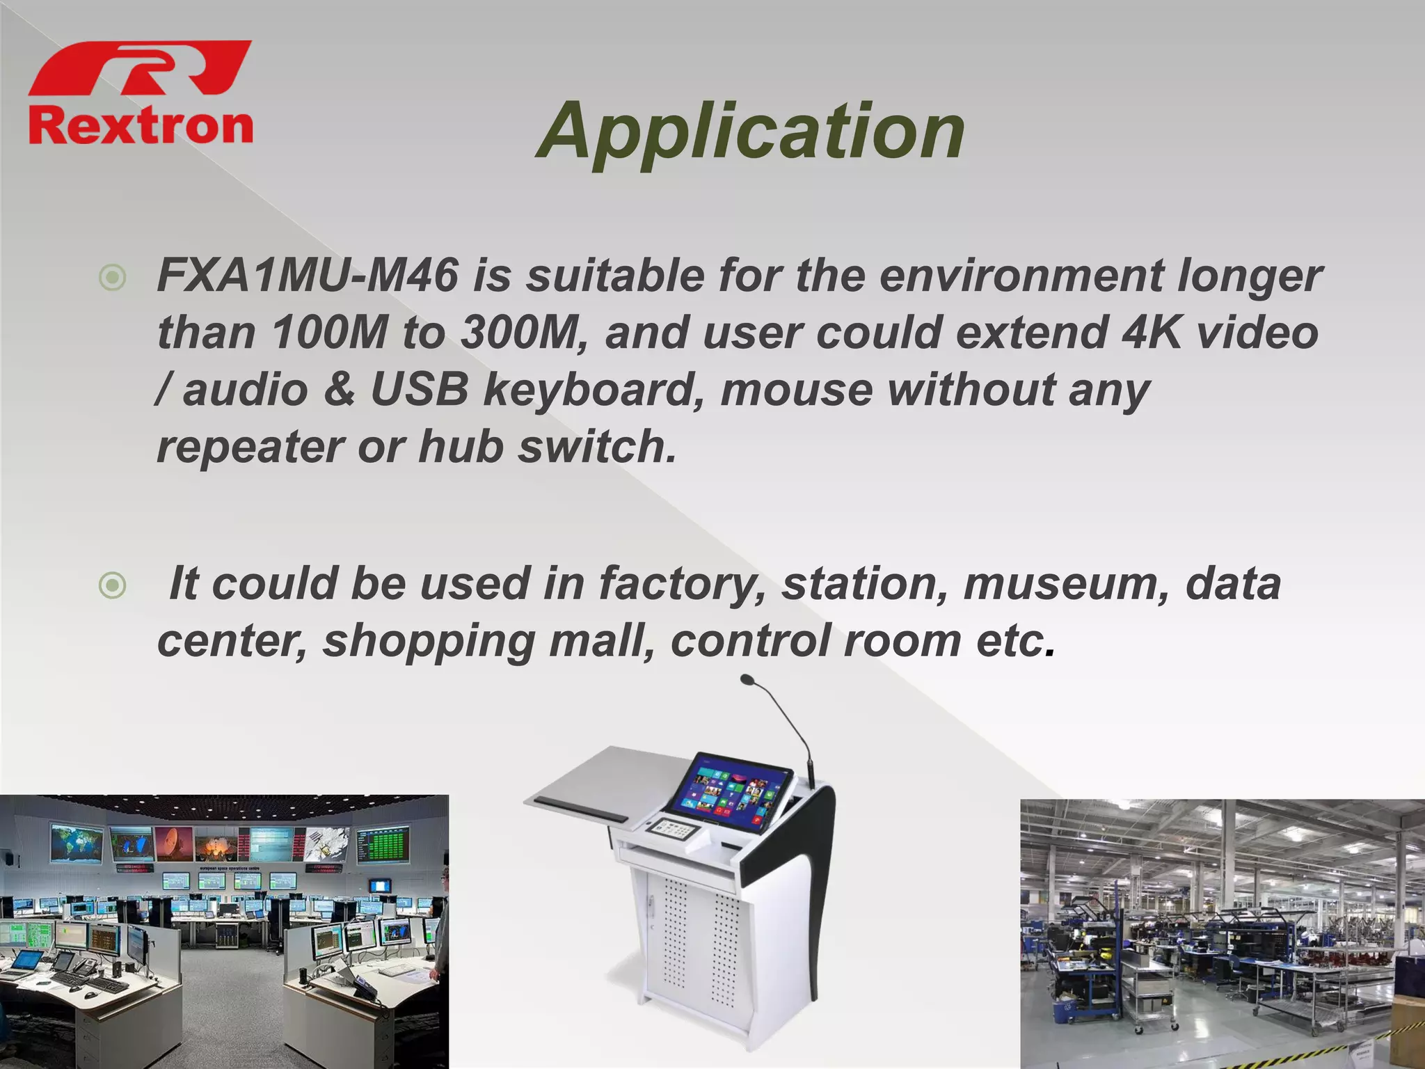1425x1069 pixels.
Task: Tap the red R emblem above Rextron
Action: tap(141, 68)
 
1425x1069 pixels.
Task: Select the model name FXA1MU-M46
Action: tap(307, 276)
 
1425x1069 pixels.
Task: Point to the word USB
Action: tap(420, 389)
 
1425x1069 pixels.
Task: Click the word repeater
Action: tap(249, 446)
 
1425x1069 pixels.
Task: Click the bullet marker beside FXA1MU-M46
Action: tap(113, 278)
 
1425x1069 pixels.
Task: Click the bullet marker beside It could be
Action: tap(113, 586)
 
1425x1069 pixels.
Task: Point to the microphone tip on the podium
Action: tap(747, 679)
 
